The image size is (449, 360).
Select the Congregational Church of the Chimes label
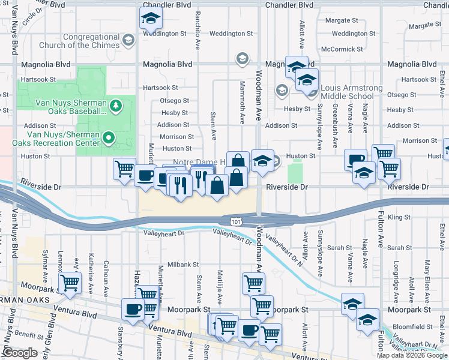[x=75, y=41]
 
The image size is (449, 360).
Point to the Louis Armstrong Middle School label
[x=351, y=92]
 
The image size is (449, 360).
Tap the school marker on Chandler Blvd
[x=150, y=19]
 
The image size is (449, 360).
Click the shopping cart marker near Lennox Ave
[x=70, y=283]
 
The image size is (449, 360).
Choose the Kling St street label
[x=399, y=217]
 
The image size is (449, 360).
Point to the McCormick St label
[x=342, y=49]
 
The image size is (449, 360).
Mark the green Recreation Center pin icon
[x=108, y=138]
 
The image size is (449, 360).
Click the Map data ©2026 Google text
[x=412, y=355]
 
